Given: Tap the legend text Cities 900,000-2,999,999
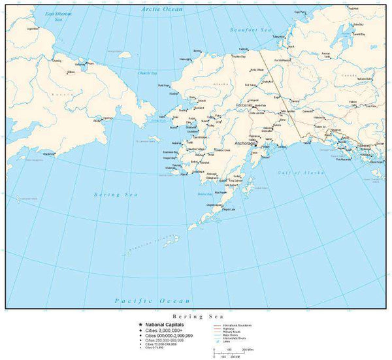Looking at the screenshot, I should [170, 335].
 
